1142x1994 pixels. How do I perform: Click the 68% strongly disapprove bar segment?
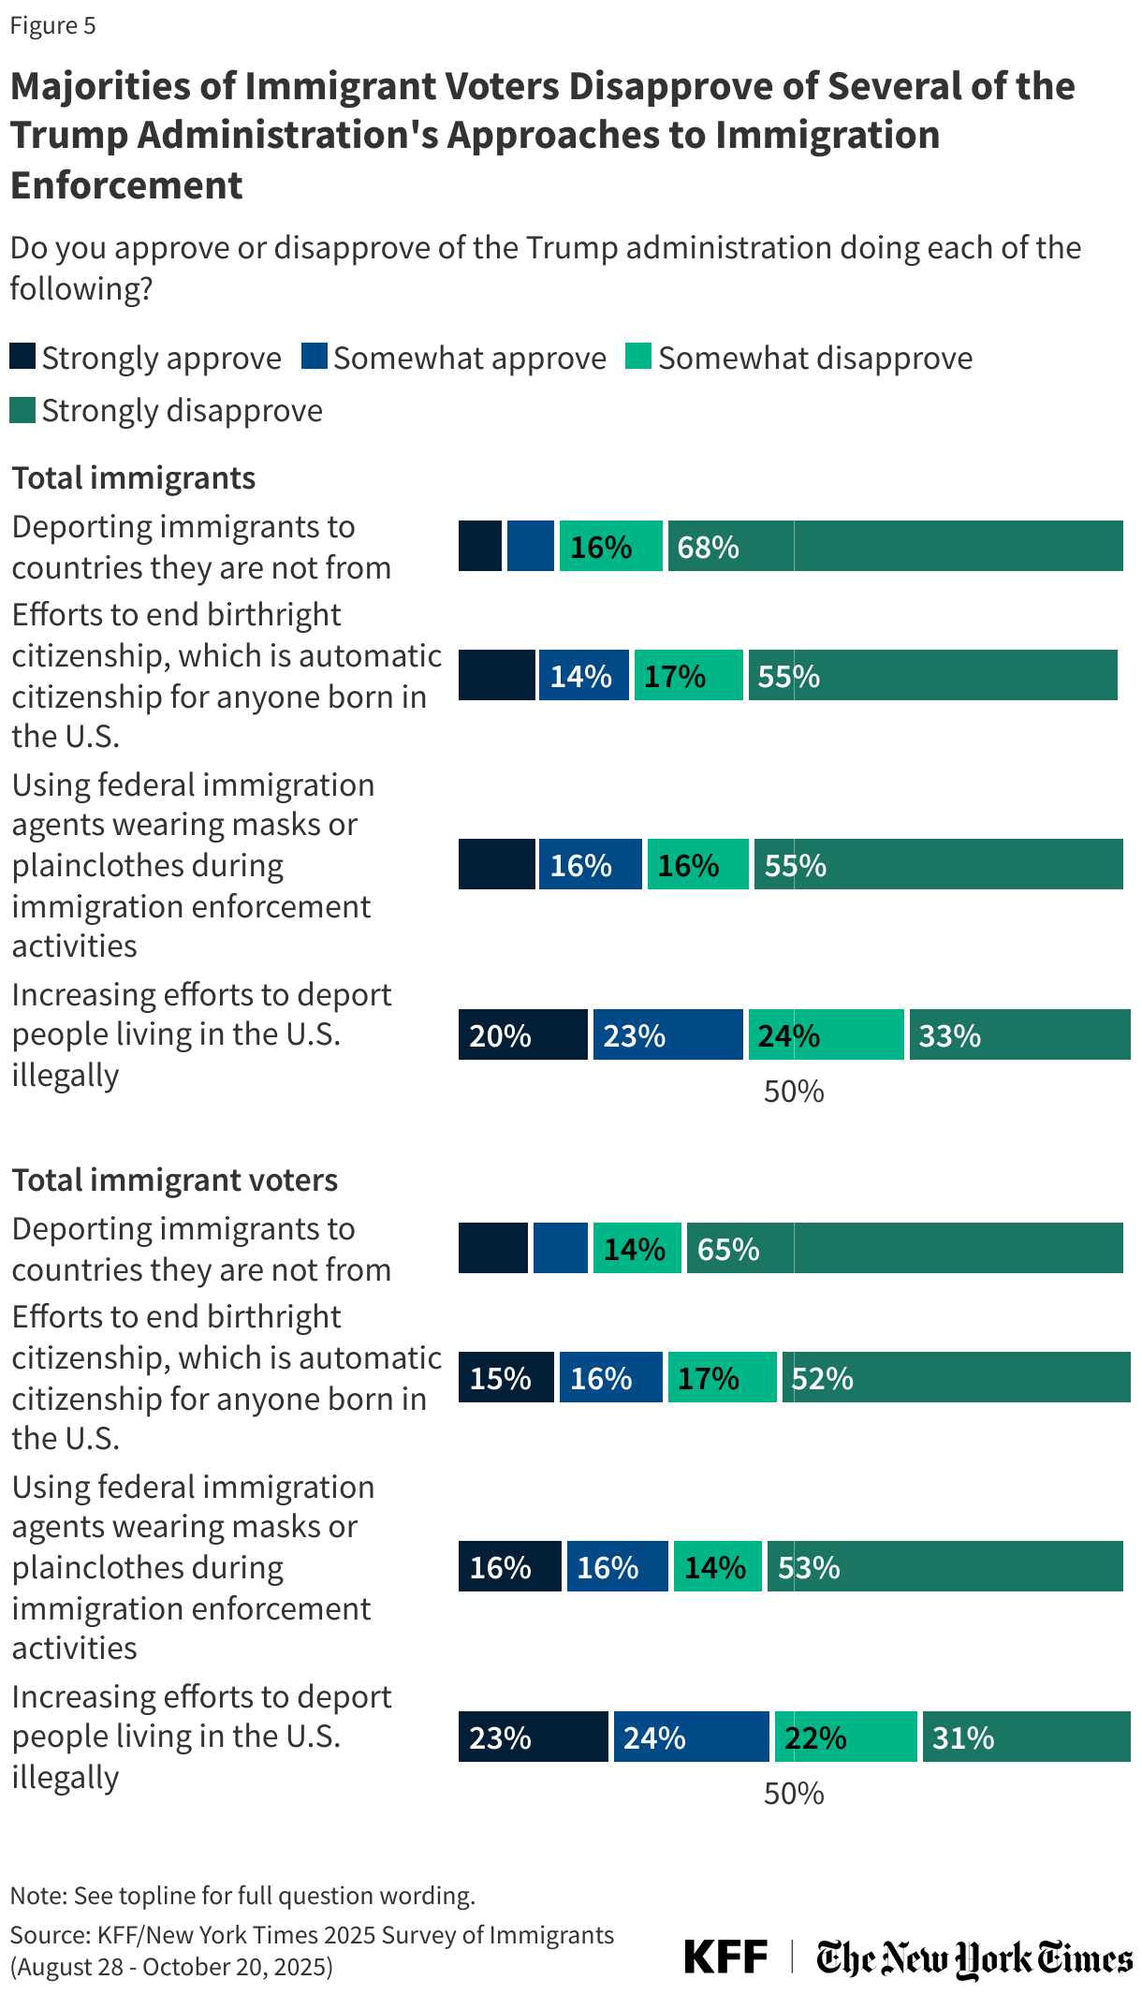pyautogui.click(x=894, y=546)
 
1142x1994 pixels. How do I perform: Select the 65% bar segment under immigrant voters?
pyautogui.click(x=903, y=1248)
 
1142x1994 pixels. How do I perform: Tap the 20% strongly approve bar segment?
pyautogui.click(x=522, y=1034)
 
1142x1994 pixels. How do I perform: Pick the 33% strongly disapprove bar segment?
pyautogui.click(x=1018, y=1034)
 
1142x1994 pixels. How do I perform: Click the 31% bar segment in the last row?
pyautogui.click(x=1025, y=1737)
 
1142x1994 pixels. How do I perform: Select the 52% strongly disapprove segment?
pyautogui.click(x=955, y=1377)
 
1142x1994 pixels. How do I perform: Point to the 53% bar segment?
pyautogui.click(x=944, y=1566)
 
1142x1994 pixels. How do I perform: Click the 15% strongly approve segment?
pyautogui.click(x=505, y=1377)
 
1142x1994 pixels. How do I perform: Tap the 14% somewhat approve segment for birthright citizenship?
pyautogui.click(x=582, y=675)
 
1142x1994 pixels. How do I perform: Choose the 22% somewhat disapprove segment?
pyautogui.click(x=844, y=1737)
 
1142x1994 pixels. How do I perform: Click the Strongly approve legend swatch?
pyautogui.click(x=22, y=357)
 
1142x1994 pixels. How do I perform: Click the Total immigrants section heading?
pyautogui.click(x=133, y=478)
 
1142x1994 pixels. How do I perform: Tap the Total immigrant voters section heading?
pyautogui.click(x=174, y=1180)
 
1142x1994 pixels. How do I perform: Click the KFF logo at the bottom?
pyautogui.click(x=725, y=1957)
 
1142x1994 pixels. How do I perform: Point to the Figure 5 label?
pyautogui.click(x=52, y=25)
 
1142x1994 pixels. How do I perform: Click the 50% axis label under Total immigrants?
pyautogui.click(x=793, y=1092)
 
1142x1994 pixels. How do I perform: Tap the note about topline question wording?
pyautogui.click(x=242, y=1896)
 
